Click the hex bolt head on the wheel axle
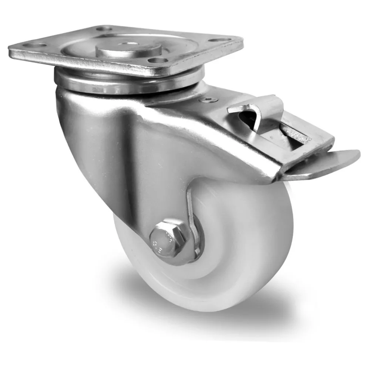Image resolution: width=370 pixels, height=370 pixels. [165, 239]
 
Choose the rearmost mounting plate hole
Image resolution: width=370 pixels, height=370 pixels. [105, 28]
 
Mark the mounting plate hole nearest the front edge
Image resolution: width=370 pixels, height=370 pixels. [156, 60]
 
